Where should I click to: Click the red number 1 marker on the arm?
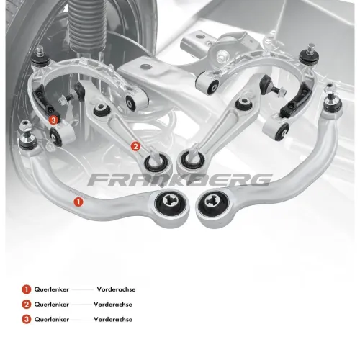tap(78, 202)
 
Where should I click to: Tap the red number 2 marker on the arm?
tap(135, 146)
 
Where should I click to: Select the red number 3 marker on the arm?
tap(53, 120)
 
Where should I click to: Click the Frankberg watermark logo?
tap(180, 180)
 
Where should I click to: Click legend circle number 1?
tap(27, 289)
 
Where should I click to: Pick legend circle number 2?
tap(27, 305)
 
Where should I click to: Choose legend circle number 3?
tap(27, 319)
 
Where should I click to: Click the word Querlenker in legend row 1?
tap(52, 289)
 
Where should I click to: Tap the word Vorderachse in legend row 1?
tap(116, 289)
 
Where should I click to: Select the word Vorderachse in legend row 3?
tap(113, 319)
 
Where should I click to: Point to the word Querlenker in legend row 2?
tap(52, 305)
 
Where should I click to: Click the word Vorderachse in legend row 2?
tap(113, 305)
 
